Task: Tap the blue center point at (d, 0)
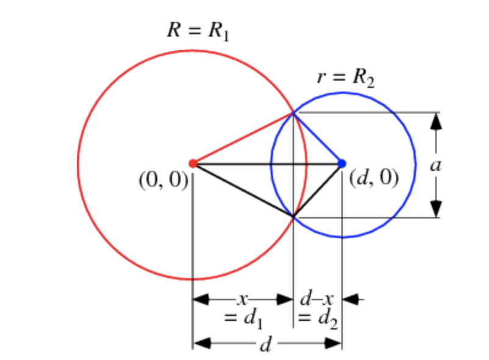tap(341, 164)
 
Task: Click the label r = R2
tap(344, 77)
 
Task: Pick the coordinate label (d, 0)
tap(374, 179)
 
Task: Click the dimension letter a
tap(436, 165)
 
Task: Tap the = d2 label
tap(318, 318)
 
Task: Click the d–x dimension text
tap(317, 300)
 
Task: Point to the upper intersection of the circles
tap(293, 112)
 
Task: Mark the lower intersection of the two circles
tap(293, 217)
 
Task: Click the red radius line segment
tap(243, 138)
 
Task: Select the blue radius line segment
tap(318, 138)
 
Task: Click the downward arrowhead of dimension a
tap(436, 208)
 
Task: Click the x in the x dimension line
tap(243, 300)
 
